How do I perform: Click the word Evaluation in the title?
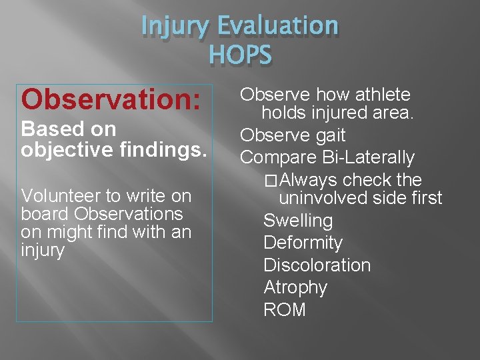[279, 27]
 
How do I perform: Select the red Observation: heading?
[111, 99]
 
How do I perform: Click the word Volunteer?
[62, 196]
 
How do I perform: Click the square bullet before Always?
[270, 181]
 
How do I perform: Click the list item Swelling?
[298, 221]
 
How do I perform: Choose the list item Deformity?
[303, 243]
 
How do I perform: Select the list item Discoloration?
[317, 265]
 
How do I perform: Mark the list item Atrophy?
[295, 287]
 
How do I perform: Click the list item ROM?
[285, 310]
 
